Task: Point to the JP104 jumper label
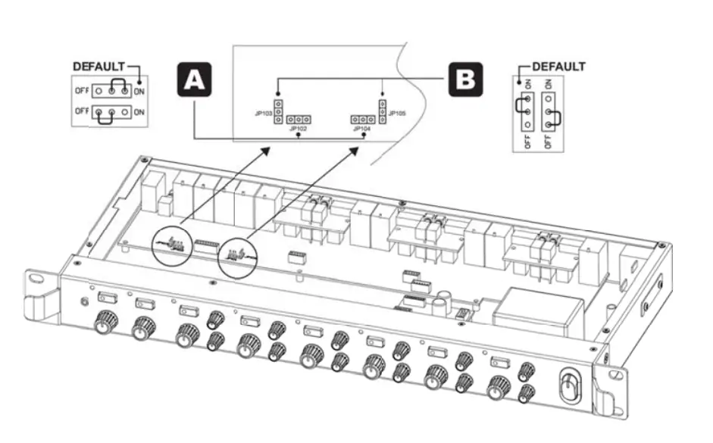pyautogui.click(x=361, y=129)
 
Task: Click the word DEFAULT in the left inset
pyautogui.click(x=98, y=67)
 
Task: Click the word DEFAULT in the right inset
pyautogui.click(x=558, y=67)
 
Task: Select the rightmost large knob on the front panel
pyautogui.click(x=499, y=385)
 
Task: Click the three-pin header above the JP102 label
pyautogui.click(x=300, y=120)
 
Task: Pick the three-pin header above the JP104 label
pyautogui.click(x=362, y=120)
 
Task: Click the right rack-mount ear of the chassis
pyautogui.click(x=611, y=390)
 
